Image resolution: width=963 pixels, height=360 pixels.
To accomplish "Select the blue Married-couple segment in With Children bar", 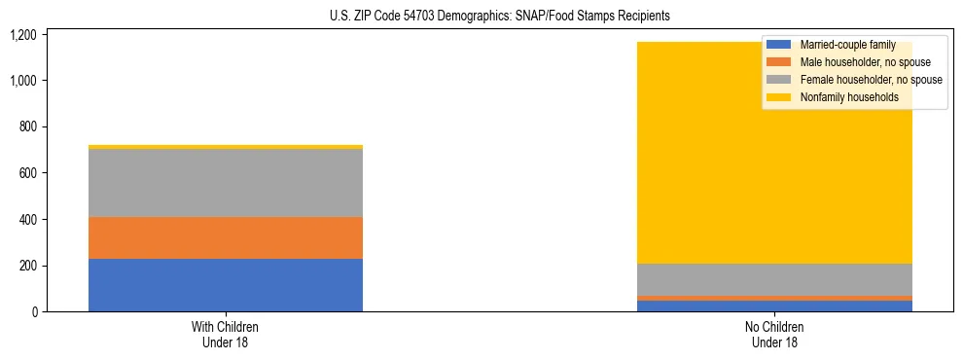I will [x=226, y=285].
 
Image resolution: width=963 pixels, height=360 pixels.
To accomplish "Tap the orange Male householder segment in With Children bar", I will [x=226, y=237].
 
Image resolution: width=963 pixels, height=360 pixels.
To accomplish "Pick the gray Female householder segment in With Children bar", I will [x=226, y=183].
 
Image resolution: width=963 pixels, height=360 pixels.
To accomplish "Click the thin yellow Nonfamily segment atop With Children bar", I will [x=226, y=147].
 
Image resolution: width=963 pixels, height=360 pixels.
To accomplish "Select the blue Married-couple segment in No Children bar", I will [x=774, y=306].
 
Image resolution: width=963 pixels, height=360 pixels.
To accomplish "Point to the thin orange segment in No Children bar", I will [x=774, y=298].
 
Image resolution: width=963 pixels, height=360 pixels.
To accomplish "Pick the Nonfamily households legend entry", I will [x=847, y=97].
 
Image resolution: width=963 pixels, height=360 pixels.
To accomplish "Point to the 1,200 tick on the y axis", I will [x=22, y=35].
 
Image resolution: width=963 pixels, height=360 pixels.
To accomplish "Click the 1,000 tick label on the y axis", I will [x=22, y=81].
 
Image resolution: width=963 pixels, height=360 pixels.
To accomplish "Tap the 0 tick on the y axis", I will [x=34, y=312].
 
